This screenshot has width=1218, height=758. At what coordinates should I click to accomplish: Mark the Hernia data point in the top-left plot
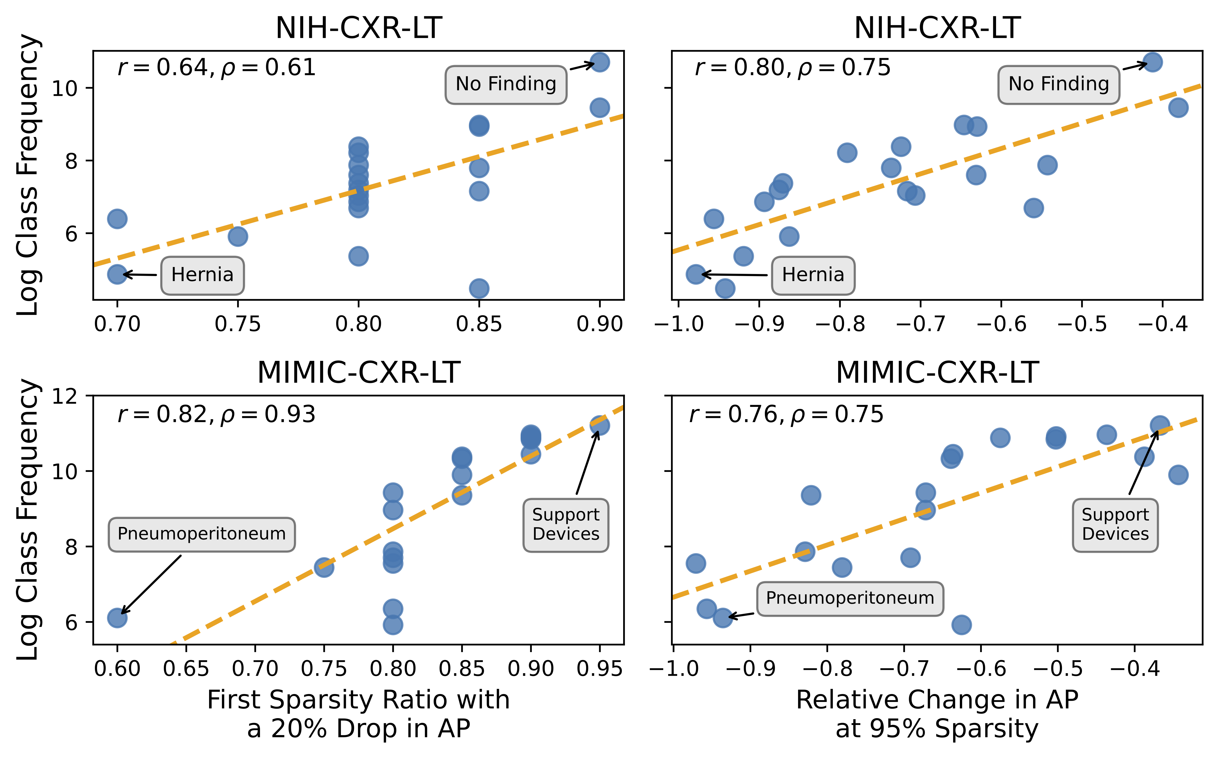click(117, 274)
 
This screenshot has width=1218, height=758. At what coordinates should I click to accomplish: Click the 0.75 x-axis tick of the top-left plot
click(238, 324)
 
